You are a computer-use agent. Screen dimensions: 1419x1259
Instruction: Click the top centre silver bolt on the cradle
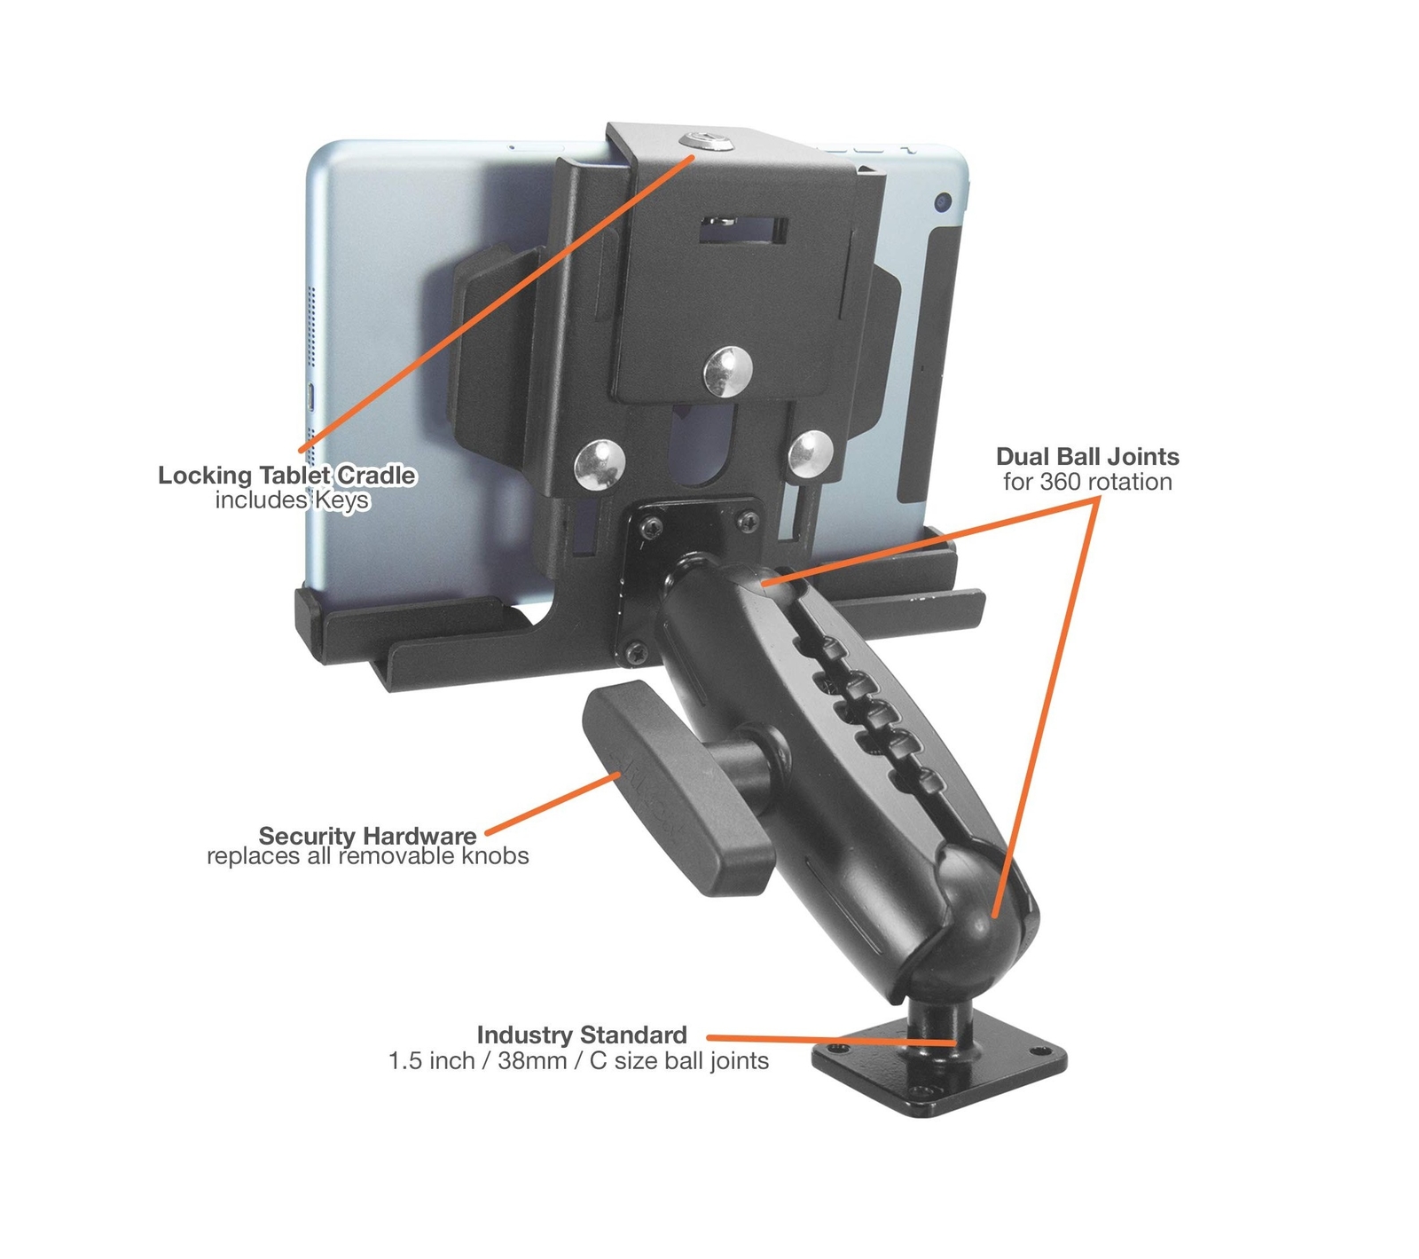(728, 371)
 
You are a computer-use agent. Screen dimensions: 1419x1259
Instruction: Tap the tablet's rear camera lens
(943, 203)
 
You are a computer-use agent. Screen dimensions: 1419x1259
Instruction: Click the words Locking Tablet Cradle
(286, 476)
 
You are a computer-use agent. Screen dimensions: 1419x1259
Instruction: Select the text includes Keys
(292, 500)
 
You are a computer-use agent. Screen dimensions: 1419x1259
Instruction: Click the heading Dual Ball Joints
(1087, 457)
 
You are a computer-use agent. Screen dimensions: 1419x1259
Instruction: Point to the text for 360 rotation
(1087, 482)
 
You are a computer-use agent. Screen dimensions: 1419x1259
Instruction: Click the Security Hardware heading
(367, 836)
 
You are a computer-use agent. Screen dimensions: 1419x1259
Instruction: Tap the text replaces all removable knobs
(367, 856)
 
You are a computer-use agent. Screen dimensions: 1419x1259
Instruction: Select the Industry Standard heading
(582, 1035)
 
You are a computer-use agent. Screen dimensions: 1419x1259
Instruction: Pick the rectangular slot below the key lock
(743, 229)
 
